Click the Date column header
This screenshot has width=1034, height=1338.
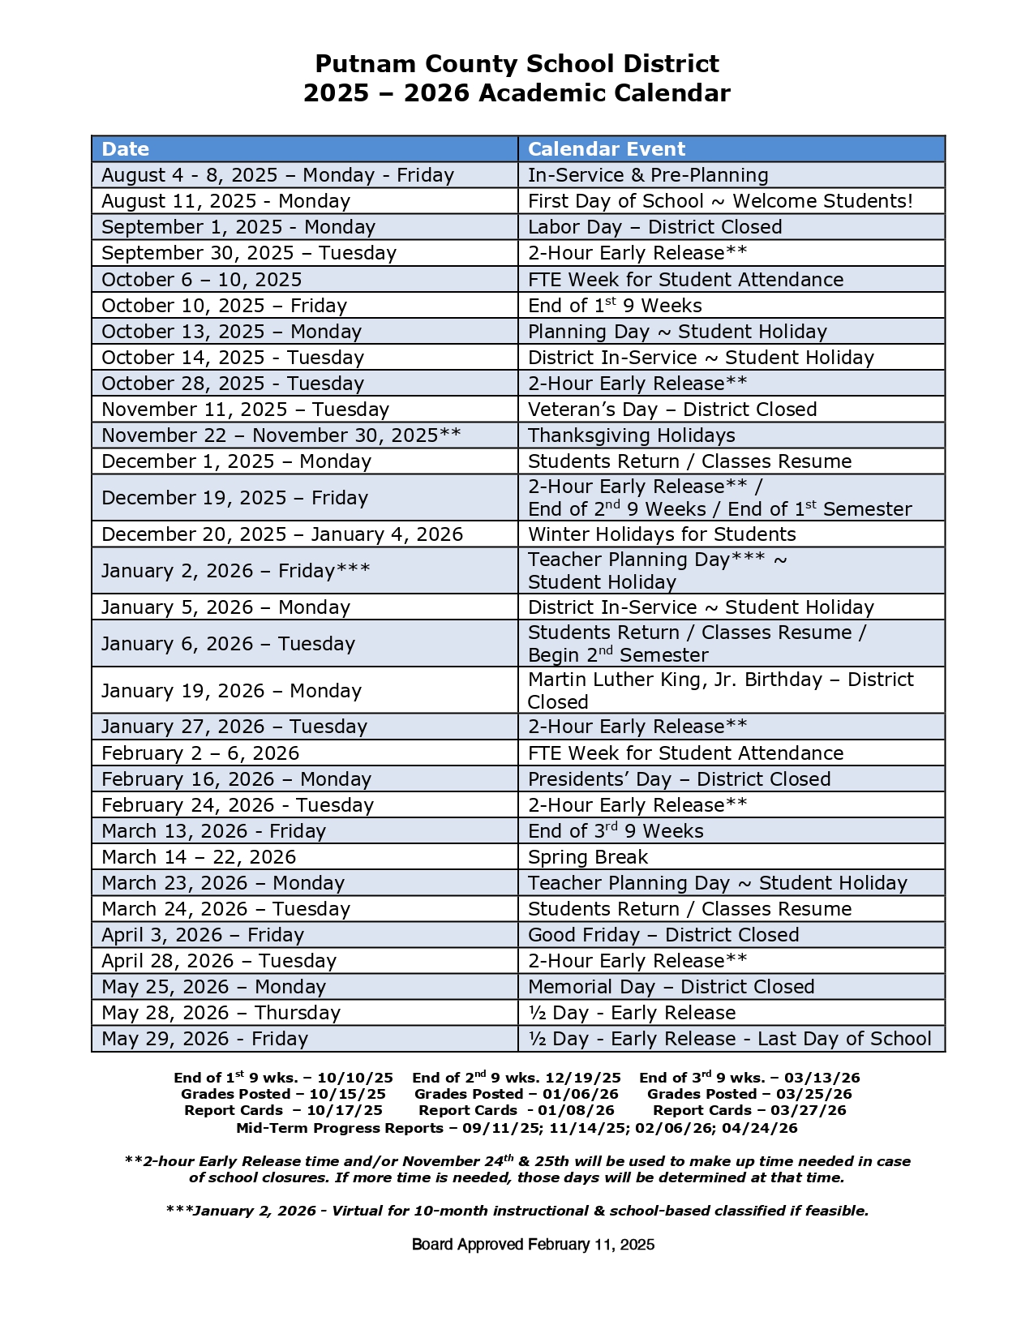pyautogui.click(x=126, y=149)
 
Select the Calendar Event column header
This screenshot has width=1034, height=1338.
pyautogui.click(x=607, y=149)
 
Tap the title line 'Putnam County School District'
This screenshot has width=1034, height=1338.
pyautogui.click(x=517, y=64)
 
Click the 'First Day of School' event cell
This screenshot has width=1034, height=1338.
pyautogui.click(x=720, y=201)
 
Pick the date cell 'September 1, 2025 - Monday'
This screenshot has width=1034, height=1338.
pyautogui.click(x=238, y=227)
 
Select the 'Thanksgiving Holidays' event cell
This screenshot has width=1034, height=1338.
pyautogui.click(x=632, y=435)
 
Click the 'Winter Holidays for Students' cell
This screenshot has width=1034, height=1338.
pyautogui.click(x=662, y=534)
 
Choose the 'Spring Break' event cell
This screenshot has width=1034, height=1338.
pyautogui.click(x=588, y=857)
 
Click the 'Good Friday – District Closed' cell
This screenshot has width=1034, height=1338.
pyautogui.click(x=663, y=935)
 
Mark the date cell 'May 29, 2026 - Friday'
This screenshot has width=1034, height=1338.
pyautogui.click(x=205, y=1039)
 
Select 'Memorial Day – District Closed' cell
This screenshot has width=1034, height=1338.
pyautogui.click(x=671, y=987)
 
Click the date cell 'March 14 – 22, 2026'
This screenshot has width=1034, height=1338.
pyautogui.click(x=199, y=857)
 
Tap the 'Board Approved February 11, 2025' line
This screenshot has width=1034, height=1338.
pyautogui.click(x=533, y=1245)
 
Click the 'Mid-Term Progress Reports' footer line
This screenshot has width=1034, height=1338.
pyautogui.click(x=517, y=1128)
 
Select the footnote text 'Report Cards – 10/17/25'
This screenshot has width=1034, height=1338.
pyautogui.click(x=283, y=1111)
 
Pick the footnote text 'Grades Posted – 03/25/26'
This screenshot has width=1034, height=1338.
pyautogui.click(x=749, y=1095)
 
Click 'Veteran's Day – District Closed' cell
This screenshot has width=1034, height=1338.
pyautogui.click(x=672, y=410)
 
